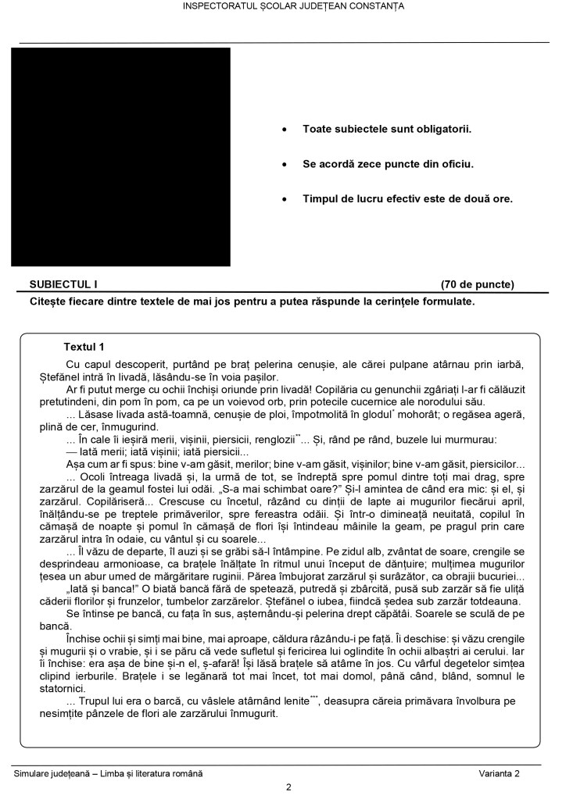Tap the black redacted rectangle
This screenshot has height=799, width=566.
120,156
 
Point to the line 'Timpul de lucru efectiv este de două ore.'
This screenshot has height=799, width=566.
407,198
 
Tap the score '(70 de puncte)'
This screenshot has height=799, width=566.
478,284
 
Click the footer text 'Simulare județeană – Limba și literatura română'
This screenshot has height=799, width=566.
108,772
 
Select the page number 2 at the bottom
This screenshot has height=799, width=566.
288,787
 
